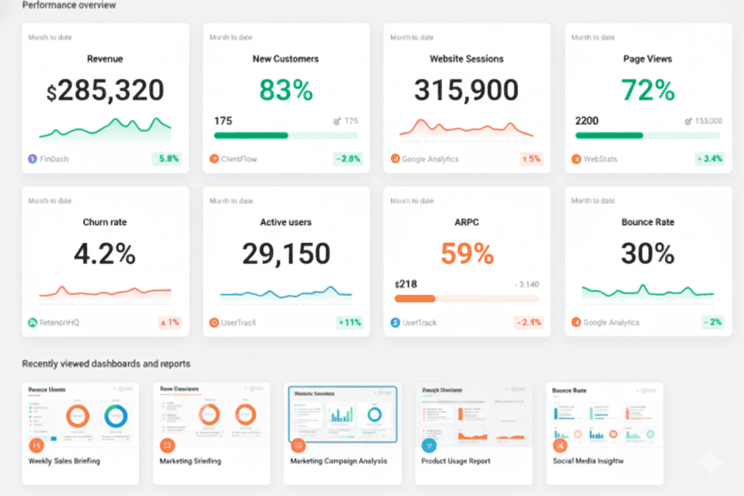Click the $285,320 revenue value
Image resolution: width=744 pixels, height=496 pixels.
tap(105, 91)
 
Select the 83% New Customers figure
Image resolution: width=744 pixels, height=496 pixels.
tap(286, 91)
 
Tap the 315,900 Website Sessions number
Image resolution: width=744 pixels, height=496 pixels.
tap(466, 91)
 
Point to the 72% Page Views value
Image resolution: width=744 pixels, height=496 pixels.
tap(647, 91)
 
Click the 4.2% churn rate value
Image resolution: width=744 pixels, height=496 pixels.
tap(105, 254)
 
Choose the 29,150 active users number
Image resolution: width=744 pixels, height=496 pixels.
tap(286, 254)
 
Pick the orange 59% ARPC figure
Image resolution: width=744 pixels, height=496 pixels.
tap(467, 254)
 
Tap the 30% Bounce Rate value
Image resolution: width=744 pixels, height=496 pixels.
tap(647, 254)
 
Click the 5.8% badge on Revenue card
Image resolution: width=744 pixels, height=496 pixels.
tap(167, 159)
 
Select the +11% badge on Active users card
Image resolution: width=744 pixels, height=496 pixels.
tap(349, 323)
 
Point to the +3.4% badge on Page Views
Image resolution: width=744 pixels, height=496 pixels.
tap(709, 159)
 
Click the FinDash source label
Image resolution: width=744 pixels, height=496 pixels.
tap(54, 159)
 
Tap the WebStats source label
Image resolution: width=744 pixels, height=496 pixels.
tap(600, 159)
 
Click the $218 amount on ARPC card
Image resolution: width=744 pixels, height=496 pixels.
tap(406, 284)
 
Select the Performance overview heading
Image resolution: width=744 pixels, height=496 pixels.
tap(69, 5)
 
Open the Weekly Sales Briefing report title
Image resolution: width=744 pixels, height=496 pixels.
tap(64, 461)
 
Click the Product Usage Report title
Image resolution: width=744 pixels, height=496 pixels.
tap(455, 461)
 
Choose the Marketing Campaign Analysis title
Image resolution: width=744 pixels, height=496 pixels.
tap(339, 461)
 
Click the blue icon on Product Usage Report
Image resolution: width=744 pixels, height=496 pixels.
tap(429, 445)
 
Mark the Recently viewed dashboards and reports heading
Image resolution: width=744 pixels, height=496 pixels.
tap(106, 364)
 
